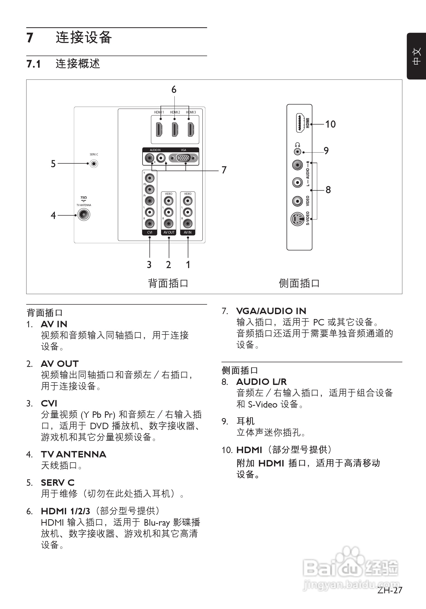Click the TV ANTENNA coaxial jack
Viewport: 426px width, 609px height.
[x=84, y=215]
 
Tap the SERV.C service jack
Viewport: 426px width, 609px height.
[x=93, y=164]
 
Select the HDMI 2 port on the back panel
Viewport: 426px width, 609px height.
[x=175, y=129]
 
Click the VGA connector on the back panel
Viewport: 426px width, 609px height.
[x=184, y=158]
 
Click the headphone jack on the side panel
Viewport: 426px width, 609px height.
[x=298, y=152]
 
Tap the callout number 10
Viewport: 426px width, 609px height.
[x=330, y=124]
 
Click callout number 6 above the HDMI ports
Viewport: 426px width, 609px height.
[x=174, y=90]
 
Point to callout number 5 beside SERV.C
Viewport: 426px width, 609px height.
[x=53, y=164]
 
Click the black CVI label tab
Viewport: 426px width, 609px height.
[x=150, y=232]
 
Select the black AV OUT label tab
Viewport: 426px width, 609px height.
[x=169, y=232]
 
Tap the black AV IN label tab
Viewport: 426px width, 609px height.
[x=188, y=232]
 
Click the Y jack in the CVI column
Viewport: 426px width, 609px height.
[x=150, y=178]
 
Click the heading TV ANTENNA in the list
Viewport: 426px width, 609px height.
[x=74, y=454]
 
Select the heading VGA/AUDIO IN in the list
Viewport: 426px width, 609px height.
[x=271, y=311]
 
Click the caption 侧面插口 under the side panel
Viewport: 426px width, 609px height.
[x=299, y=283]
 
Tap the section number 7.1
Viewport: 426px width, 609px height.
[x=33, y=64]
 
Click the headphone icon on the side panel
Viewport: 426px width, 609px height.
[x=297, y=145]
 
